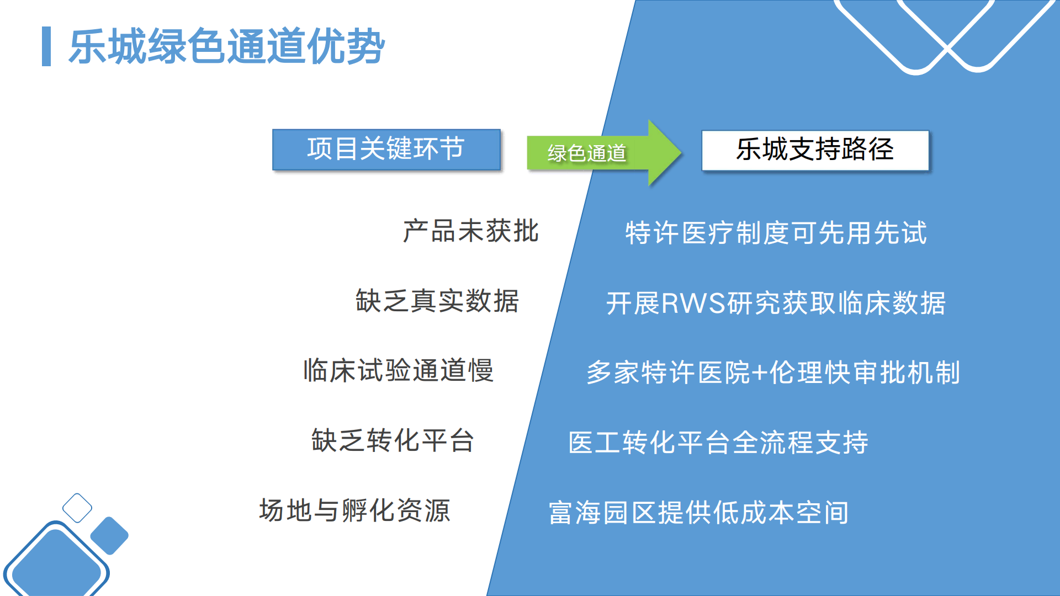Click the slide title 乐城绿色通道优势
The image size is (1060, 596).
tap(226, 46)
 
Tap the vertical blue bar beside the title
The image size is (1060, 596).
tap(46, 46)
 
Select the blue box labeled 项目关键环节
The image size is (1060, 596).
tap(386, 149)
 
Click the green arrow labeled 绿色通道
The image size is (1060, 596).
tap(602, 152)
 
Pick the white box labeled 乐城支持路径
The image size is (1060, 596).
tap(815, 150)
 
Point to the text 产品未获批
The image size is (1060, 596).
tap(470, 231)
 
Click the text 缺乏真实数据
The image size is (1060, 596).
tap(437, 301)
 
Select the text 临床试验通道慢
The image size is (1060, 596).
tap(398, 370)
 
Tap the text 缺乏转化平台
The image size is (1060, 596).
tap(393, 440)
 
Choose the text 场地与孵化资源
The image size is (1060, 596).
tap(354, 510)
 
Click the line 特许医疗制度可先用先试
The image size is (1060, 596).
tap(776, 233)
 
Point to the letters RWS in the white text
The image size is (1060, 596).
tap(693, 304)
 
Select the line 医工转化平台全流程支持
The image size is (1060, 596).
tap(718, 443)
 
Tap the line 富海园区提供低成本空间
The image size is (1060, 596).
tap(698, 513)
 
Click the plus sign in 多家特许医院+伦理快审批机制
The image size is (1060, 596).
tap(760, 373)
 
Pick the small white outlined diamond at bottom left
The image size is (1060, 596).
tap(77, 508)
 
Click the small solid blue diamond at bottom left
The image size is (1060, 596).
tap(109, 535)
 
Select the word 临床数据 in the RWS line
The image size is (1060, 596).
tap(891, 304)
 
